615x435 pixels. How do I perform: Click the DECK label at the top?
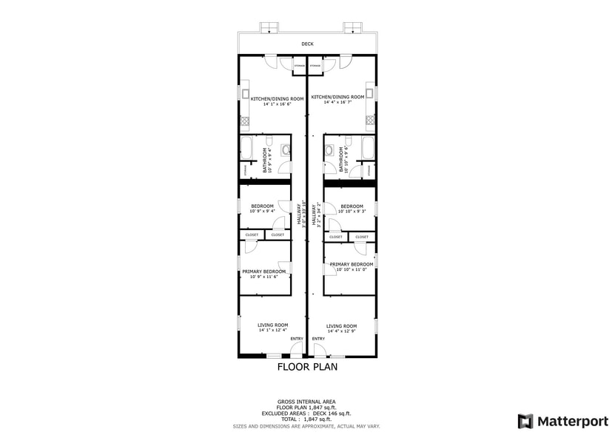(307, 44)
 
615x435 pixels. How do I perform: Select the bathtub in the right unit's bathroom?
(368, 147)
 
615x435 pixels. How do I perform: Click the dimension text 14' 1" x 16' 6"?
(267, 104)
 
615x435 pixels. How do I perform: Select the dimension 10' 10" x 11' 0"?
(352, 270)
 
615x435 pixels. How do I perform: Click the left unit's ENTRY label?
(296, 339)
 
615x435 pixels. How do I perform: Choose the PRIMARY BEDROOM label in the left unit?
(263, 272)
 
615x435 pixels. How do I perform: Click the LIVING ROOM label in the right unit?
(341, 326)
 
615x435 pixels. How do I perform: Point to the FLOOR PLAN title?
(307, 366)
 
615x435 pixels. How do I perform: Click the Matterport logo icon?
(525, 421)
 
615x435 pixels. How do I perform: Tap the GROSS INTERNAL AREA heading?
(307, 401)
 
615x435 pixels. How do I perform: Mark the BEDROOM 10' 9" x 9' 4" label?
(262, 208)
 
